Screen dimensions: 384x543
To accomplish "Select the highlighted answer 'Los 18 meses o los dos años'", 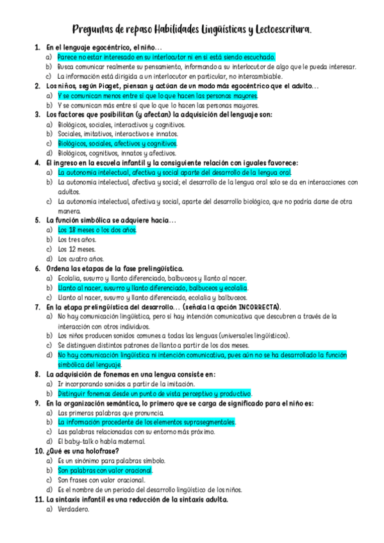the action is pos(97,230).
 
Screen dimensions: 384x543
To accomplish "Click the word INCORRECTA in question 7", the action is pos(256,307).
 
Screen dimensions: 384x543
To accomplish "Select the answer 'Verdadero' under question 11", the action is pos(73,509).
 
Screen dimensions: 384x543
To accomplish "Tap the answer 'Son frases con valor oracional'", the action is pos(101,480).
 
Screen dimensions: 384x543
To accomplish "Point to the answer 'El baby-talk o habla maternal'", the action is pos(101,441).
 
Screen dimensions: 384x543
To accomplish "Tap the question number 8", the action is pos(38,374).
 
